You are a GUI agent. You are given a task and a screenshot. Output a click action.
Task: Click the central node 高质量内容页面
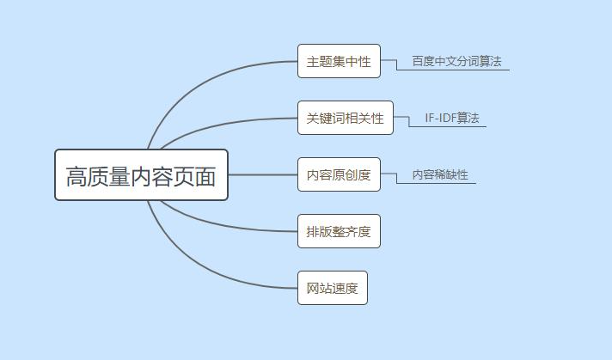pos(141,175)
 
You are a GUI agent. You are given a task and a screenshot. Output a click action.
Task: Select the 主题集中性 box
pos(339,61)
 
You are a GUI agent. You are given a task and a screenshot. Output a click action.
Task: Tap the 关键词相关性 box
pos(345,118)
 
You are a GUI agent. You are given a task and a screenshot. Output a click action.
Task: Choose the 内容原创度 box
pos(339,175)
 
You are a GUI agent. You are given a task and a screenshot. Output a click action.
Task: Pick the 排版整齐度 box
pos(339,231)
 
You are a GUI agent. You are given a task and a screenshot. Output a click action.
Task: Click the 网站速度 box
pos(332,288)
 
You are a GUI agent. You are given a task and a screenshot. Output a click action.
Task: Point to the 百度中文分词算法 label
pos(456,61)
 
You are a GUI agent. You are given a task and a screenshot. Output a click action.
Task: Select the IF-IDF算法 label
pos(451,118)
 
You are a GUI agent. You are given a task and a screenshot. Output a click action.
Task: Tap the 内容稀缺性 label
pos(440,174)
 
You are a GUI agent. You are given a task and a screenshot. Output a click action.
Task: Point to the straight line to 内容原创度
pos(262,174)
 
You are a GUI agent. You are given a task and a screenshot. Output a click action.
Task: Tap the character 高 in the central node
pos(76,176)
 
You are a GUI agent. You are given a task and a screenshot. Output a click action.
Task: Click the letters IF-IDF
pos(440,118)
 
